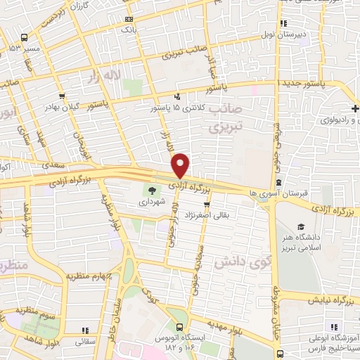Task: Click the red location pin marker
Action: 181,165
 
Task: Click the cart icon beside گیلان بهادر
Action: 62,96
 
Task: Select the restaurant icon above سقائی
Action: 84,330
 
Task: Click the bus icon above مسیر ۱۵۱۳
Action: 25,37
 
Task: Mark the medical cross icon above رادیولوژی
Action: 356,108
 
